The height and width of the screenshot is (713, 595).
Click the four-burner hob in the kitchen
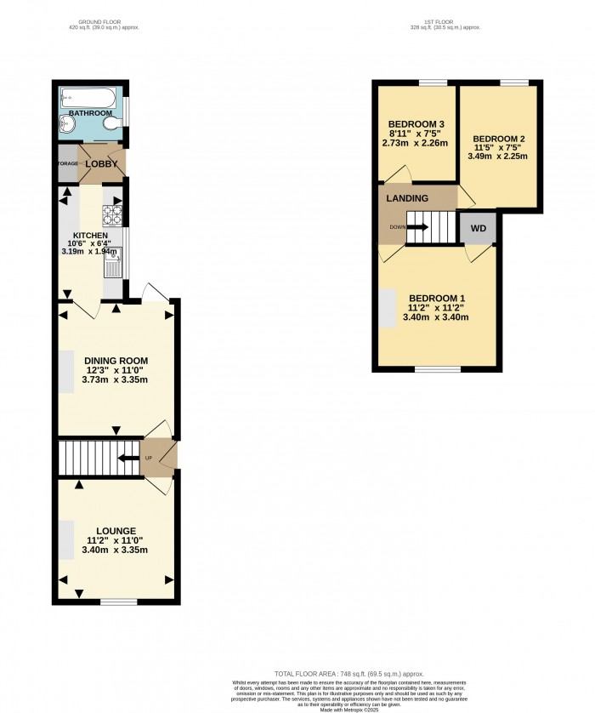point(113,214)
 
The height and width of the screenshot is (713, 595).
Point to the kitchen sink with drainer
point(113,261)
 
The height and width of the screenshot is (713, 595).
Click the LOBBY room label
point(101,163)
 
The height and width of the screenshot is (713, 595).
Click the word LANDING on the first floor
point(408,198)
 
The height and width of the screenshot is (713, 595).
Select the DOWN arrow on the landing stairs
point(416,227)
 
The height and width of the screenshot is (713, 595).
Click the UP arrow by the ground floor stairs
point(127,459)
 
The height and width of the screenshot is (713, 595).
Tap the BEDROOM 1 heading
point(437,298)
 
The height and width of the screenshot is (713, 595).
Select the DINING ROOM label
point(116,361)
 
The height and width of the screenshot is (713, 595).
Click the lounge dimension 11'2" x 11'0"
point(116,540)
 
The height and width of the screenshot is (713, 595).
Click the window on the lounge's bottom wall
point(118,602)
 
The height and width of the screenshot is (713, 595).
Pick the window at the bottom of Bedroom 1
point(437,369)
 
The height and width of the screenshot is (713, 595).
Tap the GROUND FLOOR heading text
point(103,20)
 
